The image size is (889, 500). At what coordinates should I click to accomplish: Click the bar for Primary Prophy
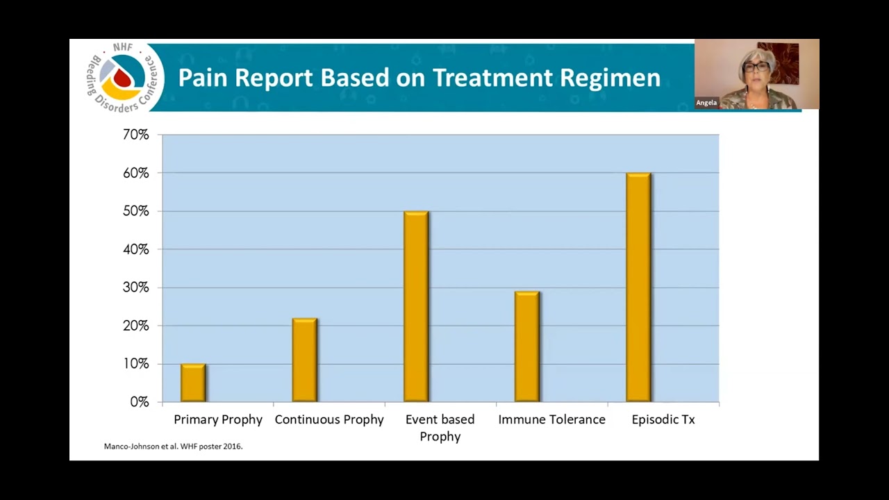point(193,383)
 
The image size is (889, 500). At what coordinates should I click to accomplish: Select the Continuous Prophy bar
point(305,360)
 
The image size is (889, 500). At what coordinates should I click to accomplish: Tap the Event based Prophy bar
point(416,306)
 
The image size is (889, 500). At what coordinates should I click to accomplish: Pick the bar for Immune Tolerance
point(527,347)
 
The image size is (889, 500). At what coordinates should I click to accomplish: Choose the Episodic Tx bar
point(638,287)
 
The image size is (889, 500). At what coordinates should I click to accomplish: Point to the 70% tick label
point(135,135)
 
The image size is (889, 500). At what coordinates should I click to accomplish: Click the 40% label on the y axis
point(135,249)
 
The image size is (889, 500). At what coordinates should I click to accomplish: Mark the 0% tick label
point(140,402)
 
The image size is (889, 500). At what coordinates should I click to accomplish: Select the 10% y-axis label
point(135,364)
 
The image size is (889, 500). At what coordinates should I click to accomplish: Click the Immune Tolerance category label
point(551,419)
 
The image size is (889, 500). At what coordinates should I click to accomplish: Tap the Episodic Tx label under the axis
point(663,419)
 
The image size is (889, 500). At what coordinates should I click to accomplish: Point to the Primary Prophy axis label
point(218,420)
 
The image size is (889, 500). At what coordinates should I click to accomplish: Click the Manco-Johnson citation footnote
point(173,447)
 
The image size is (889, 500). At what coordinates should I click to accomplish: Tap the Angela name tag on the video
point(706,102)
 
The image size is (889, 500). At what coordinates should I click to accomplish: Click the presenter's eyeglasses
point(756,67)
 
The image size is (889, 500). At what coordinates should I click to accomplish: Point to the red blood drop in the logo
point(122,76)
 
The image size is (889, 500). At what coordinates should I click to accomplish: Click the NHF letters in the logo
point(123,47)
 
